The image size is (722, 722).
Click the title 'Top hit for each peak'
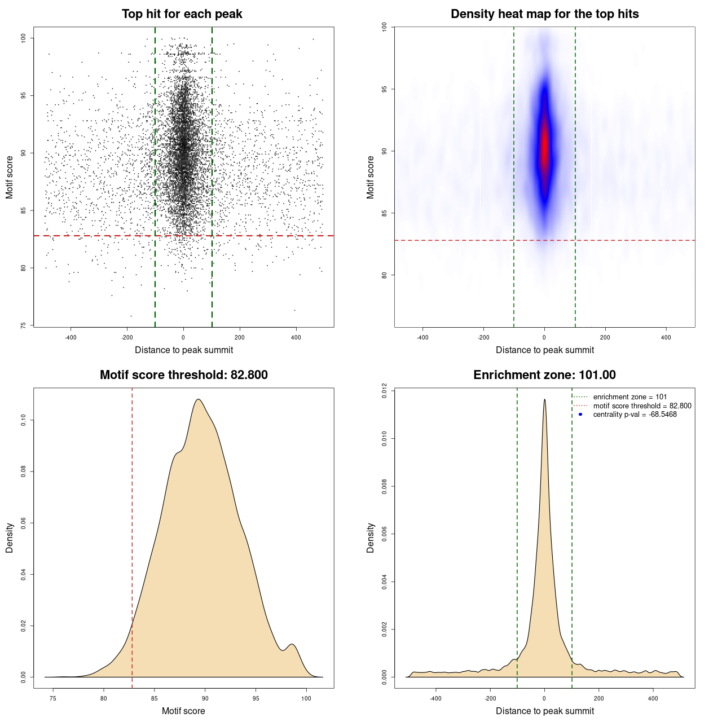(182, 14)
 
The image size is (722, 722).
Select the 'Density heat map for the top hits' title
(544, 14)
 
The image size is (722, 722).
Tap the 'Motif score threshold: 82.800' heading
(183, 375)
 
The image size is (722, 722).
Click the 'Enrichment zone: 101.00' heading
(544, 375)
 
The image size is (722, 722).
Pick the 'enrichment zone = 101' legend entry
(629, 397)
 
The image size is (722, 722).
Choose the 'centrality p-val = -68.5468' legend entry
(635, 415)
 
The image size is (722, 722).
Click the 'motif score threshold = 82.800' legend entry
(642, 406)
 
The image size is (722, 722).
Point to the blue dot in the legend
(580, 415)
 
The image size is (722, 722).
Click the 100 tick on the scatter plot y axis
(24, 38)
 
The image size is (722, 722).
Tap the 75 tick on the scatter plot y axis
(24, 325)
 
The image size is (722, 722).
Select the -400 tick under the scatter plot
(71, 337)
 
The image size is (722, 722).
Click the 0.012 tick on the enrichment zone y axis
(385, 390)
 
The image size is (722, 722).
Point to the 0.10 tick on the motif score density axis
(24, 420)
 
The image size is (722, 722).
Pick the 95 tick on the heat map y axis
(385, 89)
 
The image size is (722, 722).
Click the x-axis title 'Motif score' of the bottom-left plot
(183, 711)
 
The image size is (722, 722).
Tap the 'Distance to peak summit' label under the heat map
(544, 350)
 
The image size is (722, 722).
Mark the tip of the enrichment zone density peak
(544, 400)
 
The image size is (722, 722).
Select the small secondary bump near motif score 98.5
(292, 645)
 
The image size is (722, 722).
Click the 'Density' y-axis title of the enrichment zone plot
(371, 538)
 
